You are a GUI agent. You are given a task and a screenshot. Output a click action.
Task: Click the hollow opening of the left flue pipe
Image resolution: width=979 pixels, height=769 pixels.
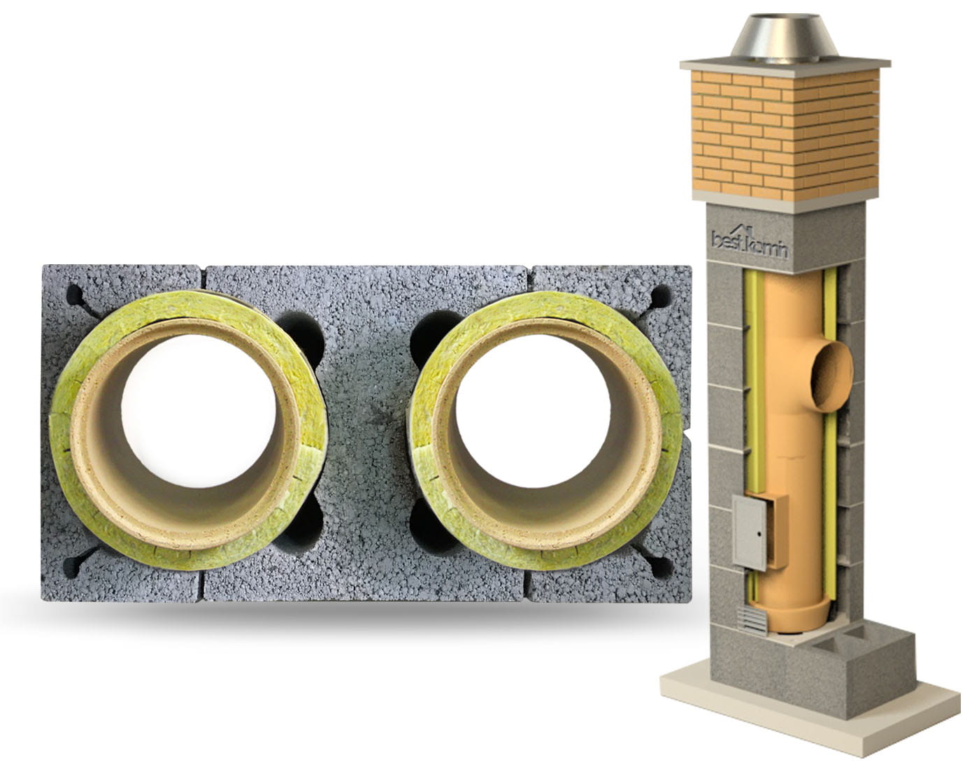tap(198, 411)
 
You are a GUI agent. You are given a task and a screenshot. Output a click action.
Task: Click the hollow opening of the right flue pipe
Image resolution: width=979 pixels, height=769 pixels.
tap(533, 411)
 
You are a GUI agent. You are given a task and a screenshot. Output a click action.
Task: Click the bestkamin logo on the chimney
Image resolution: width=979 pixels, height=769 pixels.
tap(749, 243)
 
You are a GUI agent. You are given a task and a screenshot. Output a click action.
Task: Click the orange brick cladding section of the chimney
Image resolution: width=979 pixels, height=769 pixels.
tap(785, 136)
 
